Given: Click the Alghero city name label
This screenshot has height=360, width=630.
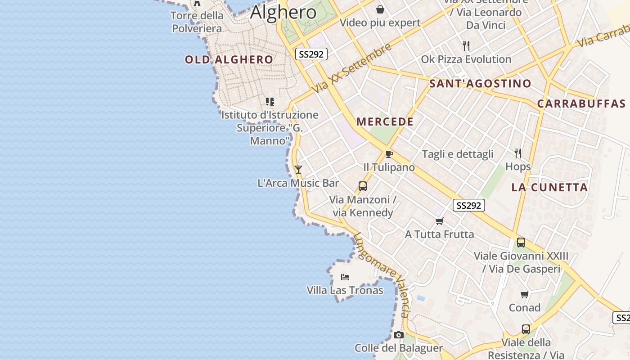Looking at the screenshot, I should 283,12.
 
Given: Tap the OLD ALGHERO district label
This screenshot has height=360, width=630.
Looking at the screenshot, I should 229,59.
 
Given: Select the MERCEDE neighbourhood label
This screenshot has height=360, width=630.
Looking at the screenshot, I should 385,121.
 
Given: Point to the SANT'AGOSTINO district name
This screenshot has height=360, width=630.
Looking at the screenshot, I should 480,83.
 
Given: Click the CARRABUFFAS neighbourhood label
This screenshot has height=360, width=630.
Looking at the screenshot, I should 581,103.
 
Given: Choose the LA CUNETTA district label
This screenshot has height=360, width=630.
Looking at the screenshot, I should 549,187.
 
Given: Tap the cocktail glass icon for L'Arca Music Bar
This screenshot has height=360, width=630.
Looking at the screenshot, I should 298,170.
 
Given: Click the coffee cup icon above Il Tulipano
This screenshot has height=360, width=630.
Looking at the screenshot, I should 389,154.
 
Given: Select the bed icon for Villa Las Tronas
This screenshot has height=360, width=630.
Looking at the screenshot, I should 345,277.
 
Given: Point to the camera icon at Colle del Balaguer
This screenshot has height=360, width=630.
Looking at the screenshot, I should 398,335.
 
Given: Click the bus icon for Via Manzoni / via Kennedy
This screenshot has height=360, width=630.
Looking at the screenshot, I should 362,186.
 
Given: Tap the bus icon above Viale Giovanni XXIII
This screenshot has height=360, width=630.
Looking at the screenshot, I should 521,243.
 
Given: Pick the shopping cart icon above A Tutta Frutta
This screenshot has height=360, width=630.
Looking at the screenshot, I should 439,221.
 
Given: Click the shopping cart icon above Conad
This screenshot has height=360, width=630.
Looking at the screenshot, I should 524,294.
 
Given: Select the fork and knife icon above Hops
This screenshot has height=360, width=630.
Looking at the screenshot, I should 518,153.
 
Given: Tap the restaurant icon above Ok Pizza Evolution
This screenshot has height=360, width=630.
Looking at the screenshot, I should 466,46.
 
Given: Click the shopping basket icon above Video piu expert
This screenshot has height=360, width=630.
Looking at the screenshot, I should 380,9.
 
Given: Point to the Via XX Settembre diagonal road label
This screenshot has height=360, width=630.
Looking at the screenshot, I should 351,68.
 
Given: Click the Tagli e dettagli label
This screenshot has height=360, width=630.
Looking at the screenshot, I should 458,154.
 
